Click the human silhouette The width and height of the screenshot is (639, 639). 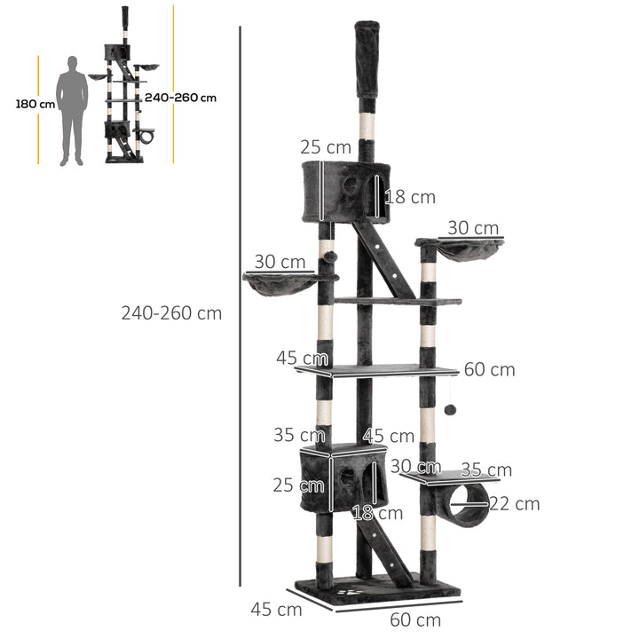(71, 111)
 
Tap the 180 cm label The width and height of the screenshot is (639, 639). (35, 104)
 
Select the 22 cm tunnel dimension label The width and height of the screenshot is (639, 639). (514, 504)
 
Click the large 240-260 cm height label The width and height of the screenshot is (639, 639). (171, 312)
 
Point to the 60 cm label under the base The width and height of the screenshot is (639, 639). (416, 619)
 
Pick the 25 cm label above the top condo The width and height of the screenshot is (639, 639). (326, 147)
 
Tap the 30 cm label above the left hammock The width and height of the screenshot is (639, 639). (280, 263)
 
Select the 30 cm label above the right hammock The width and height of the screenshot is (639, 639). (472, 228)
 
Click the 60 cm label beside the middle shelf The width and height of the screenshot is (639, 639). (489, 369)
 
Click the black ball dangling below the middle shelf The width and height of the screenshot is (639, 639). (450, 410)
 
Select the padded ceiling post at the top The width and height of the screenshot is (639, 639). (367, 60)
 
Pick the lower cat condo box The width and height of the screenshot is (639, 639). (343, 478)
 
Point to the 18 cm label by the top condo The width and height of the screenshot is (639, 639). (410, 197)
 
